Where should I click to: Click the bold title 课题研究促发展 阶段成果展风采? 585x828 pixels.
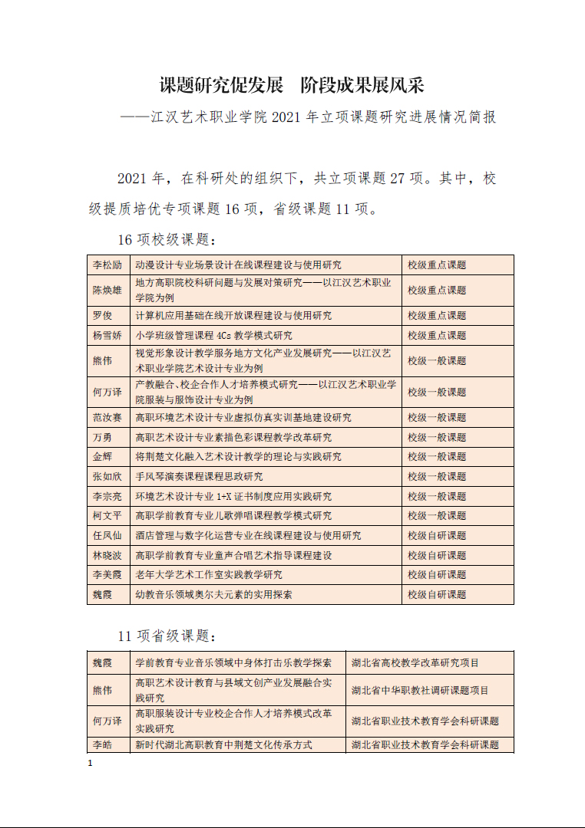click(292, 84)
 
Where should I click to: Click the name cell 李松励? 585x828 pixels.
click(107, 265)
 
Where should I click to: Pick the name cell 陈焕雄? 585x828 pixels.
click(107, 291)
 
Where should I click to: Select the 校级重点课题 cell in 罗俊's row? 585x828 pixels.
click(437, 316)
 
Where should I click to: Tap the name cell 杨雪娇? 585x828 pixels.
click(107, 336)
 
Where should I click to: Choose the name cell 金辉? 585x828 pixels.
click(102, 457)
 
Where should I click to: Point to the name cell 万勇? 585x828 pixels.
click(102, 438)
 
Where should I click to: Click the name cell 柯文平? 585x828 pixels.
click(107, 516)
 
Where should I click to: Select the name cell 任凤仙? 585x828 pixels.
click(107, 536)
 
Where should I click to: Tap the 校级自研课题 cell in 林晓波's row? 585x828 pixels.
click(437, 555)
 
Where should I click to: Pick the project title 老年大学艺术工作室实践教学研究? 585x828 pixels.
click(209, 575)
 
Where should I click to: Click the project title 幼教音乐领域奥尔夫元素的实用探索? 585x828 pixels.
click(213, 594)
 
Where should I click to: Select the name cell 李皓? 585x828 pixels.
click(102, 745)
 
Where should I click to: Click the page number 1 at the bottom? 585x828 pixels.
click(91, 764)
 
